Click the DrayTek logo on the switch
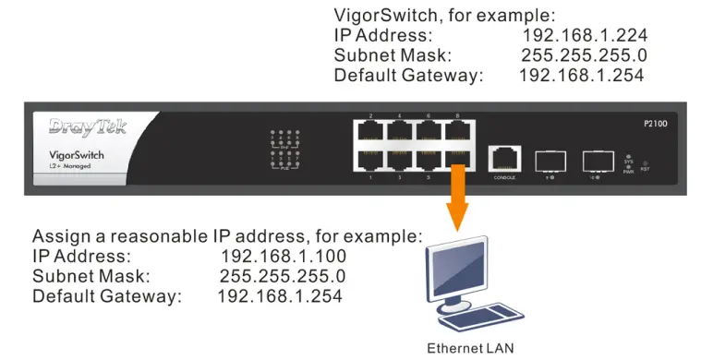click(88, 126)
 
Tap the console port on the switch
click(504, 159)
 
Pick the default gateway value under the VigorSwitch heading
click(581, 76)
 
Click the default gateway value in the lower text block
click(280, 296)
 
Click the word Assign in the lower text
click(60, 235)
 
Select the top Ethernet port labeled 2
click(370, 130)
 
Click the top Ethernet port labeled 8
click(457, 130)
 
